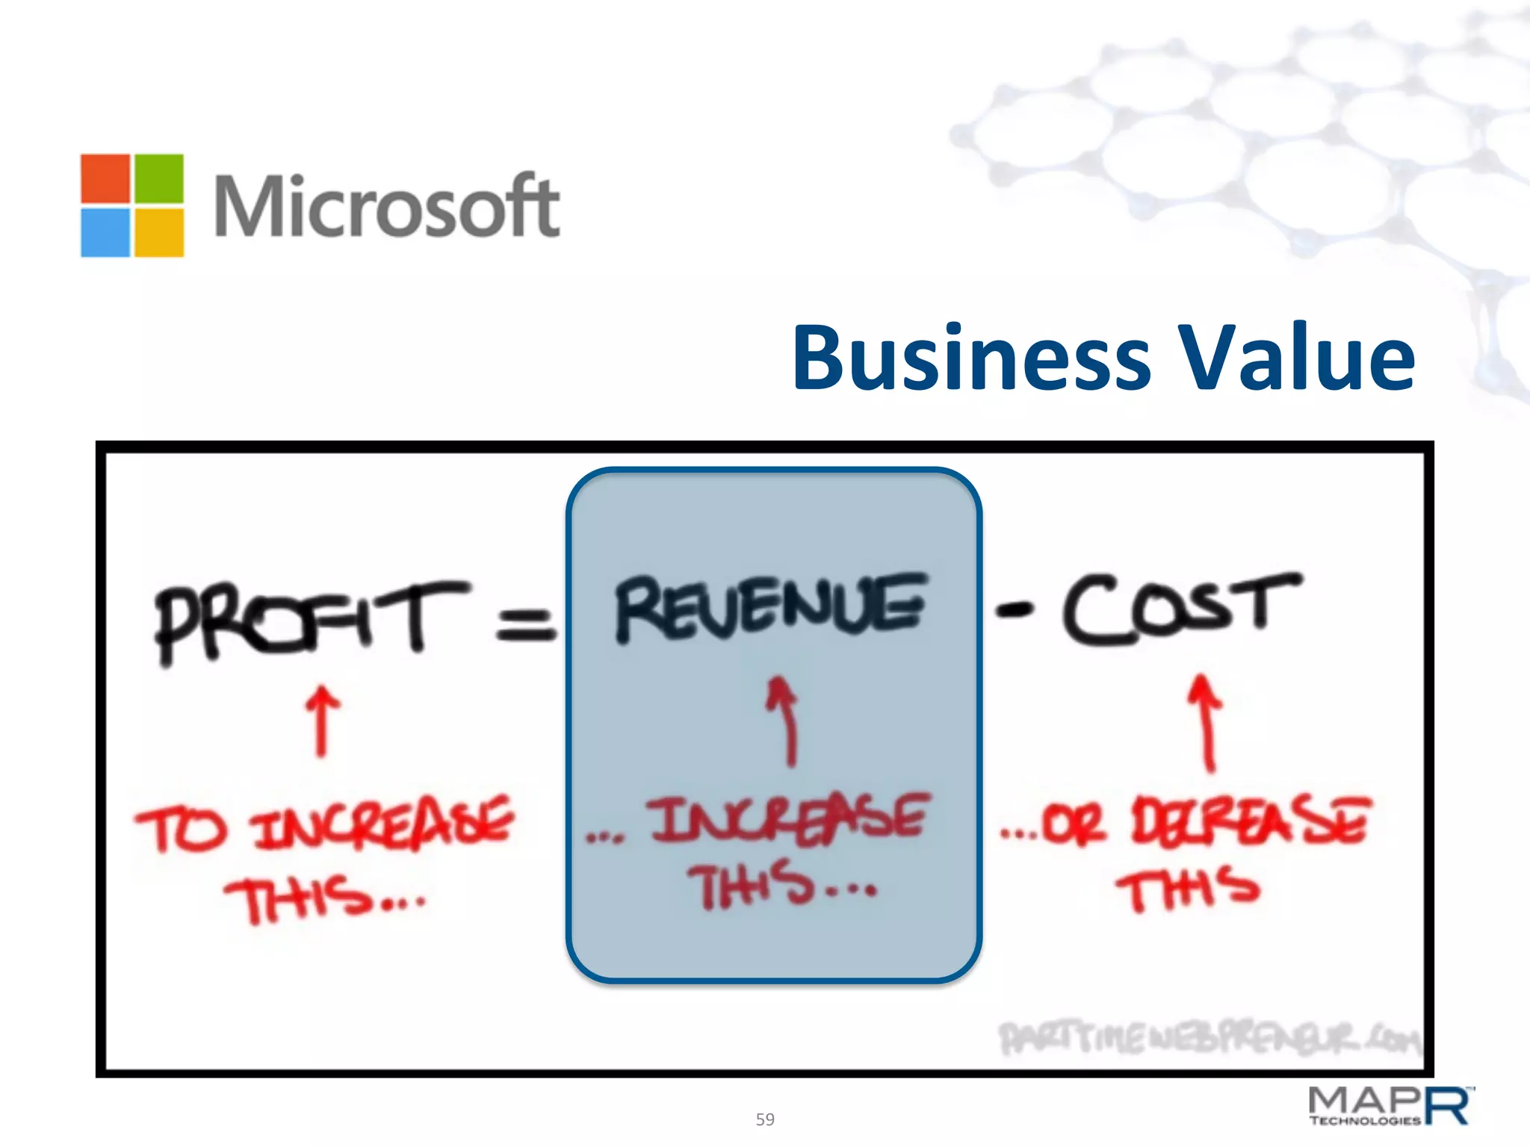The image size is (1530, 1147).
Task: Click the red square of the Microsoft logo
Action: [x=105, y=178]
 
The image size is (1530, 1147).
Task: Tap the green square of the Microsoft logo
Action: [x=158, y=178]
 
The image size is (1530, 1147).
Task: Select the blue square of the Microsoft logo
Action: [x=105, y=232]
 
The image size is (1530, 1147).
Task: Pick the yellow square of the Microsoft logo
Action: [x=158, y=232]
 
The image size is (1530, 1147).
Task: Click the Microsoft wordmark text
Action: [x=386, y=206]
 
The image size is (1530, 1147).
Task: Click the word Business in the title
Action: [x=970, y=358]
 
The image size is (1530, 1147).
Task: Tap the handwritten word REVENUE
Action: [x=771, y=608]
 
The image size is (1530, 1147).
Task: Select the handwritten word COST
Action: [x=1180, y=608]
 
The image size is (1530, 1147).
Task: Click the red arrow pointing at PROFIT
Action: [x=322, y=721]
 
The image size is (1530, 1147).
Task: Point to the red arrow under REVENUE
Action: [x=784, y=721]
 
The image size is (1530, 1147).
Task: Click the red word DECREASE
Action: [x=1251, y=820]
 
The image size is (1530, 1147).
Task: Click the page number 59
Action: [x=765, y=1119]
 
